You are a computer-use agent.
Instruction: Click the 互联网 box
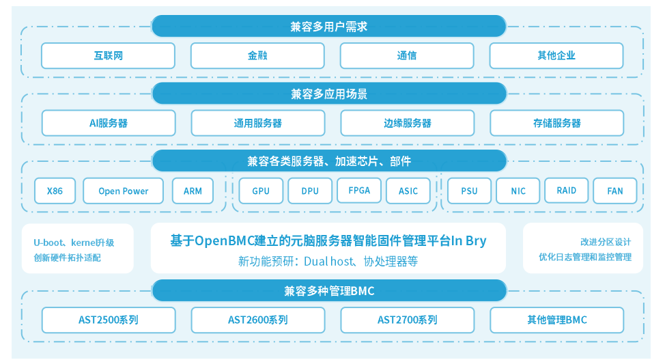[x=108, y=56]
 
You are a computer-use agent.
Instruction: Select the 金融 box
[x=257, y=56]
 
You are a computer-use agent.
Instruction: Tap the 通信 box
[x=407, y=56]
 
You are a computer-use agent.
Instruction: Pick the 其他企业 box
[x=556, y=56]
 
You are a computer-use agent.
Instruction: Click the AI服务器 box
[x=109, y=124]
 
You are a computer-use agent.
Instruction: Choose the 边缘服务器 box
[x=408, y=124]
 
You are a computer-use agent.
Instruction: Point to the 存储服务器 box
[x=557, y=124]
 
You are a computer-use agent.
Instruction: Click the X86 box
[x=55, y=191]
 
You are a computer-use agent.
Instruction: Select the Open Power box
[x=124, y=191]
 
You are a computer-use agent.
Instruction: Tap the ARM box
[x=193, y=191]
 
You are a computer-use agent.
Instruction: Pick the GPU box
[x=261, y=191]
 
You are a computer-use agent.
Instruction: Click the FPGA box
[x=359, y=191]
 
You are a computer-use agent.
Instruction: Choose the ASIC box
[x=408, y=191]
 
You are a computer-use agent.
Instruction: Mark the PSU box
[x=469, y=191]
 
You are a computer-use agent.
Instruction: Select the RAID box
[x=567, y=191]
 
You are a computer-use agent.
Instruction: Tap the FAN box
[x=615, y=191]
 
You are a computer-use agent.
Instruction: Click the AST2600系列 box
[x=257, y=320]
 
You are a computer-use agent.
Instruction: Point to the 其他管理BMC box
[x=557, y=320]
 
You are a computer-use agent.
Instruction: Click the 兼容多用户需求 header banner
[x=328, y=27]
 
